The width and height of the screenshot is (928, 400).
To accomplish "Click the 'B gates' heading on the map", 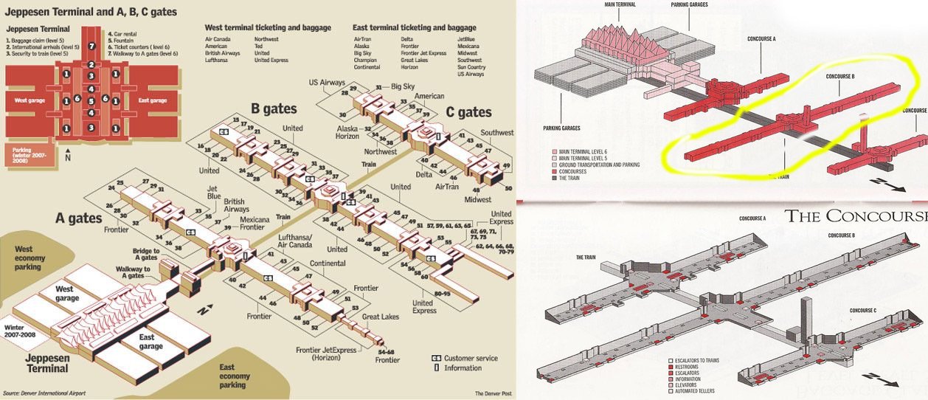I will click(274, 109).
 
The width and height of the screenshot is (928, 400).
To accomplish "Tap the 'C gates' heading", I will click(468, 112).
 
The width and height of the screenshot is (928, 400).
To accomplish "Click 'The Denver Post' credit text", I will click(493, 393).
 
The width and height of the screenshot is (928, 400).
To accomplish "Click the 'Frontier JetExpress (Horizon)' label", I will click(325, 354).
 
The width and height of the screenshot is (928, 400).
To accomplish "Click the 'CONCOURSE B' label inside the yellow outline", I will click(839, 76).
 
